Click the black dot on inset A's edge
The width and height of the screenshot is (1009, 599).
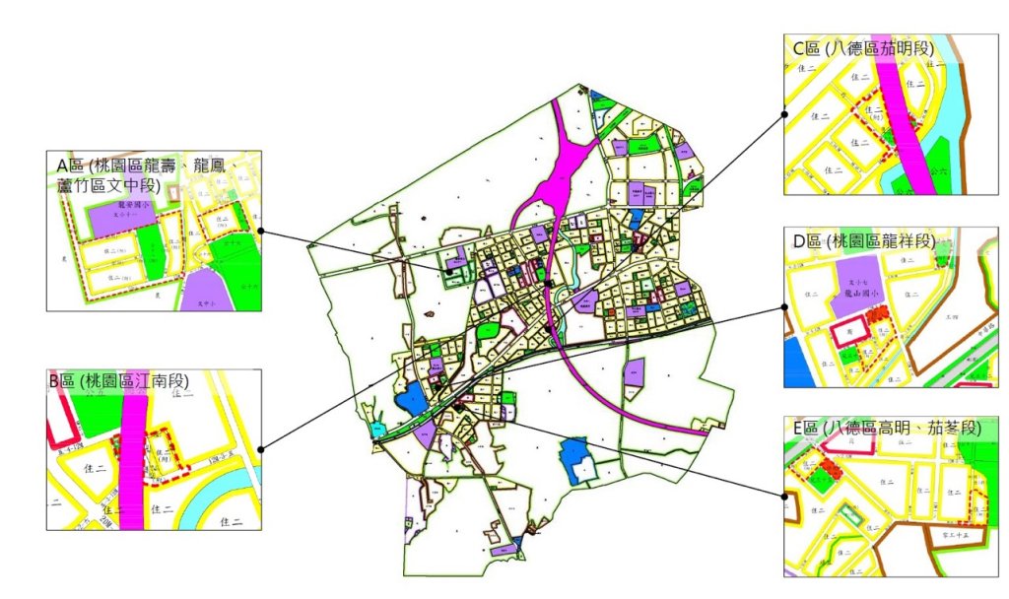point(261,231)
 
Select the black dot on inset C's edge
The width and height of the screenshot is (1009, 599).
point(784,113)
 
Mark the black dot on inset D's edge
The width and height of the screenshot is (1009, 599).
point(784,306)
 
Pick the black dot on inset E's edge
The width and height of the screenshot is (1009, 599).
point(784,498)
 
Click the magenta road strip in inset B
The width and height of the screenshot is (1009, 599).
point(132,463)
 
